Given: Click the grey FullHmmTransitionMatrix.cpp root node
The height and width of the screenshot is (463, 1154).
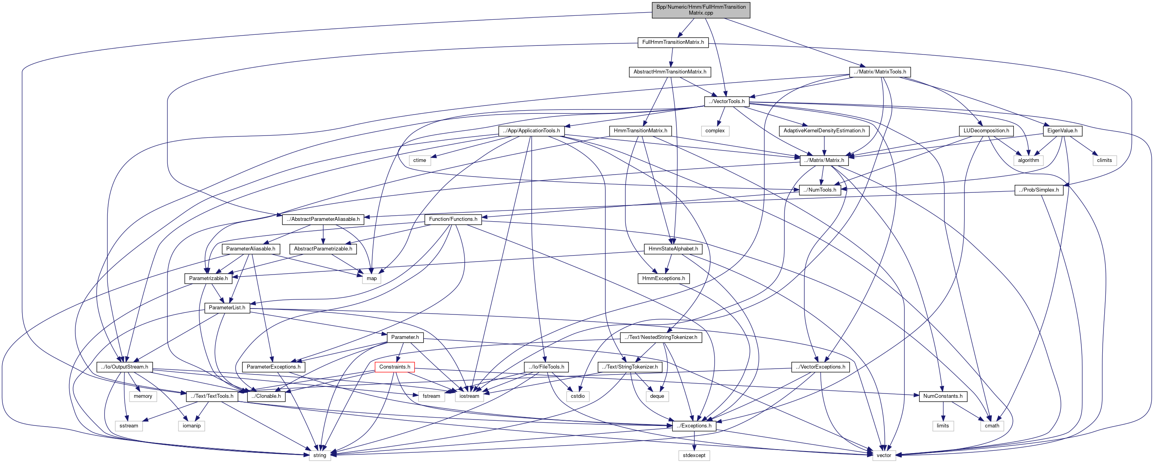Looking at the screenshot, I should [701, 10].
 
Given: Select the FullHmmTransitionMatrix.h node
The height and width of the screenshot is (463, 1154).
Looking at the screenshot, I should [673, 42].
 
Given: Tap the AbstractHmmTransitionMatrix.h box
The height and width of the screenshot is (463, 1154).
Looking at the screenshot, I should [670, 72].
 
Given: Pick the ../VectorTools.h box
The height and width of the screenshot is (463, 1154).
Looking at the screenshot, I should [726, 101].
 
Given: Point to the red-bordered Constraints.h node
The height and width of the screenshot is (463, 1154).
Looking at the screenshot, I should [394, 367].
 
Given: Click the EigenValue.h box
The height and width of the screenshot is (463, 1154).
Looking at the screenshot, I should [1062, 131].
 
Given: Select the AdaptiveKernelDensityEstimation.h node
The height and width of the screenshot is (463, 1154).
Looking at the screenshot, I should [824, 131].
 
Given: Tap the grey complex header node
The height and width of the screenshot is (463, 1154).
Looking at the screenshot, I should [715, 131].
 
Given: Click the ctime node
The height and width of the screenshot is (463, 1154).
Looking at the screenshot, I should [420, 160].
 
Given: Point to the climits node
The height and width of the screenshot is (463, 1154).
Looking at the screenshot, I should [1104, 160].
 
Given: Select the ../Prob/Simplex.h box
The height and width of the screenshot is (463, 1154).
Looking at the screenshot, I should [1039, 190].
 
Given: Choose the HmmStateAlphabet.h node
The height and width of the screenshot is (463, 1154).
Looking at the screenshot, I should [673, 249].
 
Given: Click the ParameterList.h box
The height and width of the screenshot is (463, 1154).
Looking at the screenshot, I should [227, 308].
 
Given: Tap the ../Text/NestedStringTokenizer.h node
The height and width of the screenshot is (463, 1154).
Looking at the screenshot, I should [661, 337].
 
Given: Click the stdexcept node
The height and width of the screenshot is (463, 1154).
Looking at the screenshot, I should [694, 455].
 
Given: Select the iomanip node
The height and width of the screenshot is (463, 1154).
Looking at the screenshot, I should [192, 426].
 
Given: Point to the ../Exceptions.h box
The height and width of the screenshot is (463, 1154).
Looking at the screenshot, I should [694, 426].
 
